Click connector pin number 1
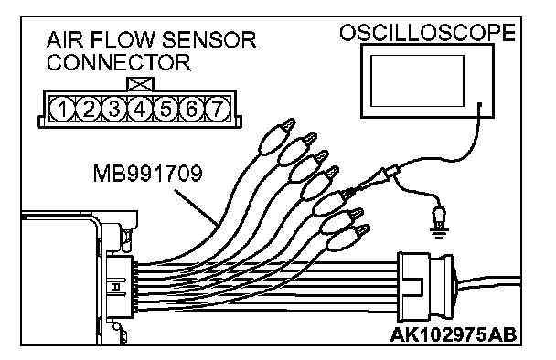tap(63, 109)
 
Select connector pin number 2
tap(89, 109)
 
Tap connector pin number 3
tap(114, 109)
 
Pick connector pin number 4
tap(140, 109)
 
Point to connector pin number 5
tap(166, 109)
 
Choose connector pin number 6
tap(191, 109)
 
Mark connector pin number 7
tap(217, 109)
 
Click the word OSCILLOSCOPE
tap(427, 33)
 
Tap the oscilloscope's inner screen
tap(417, 80)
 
